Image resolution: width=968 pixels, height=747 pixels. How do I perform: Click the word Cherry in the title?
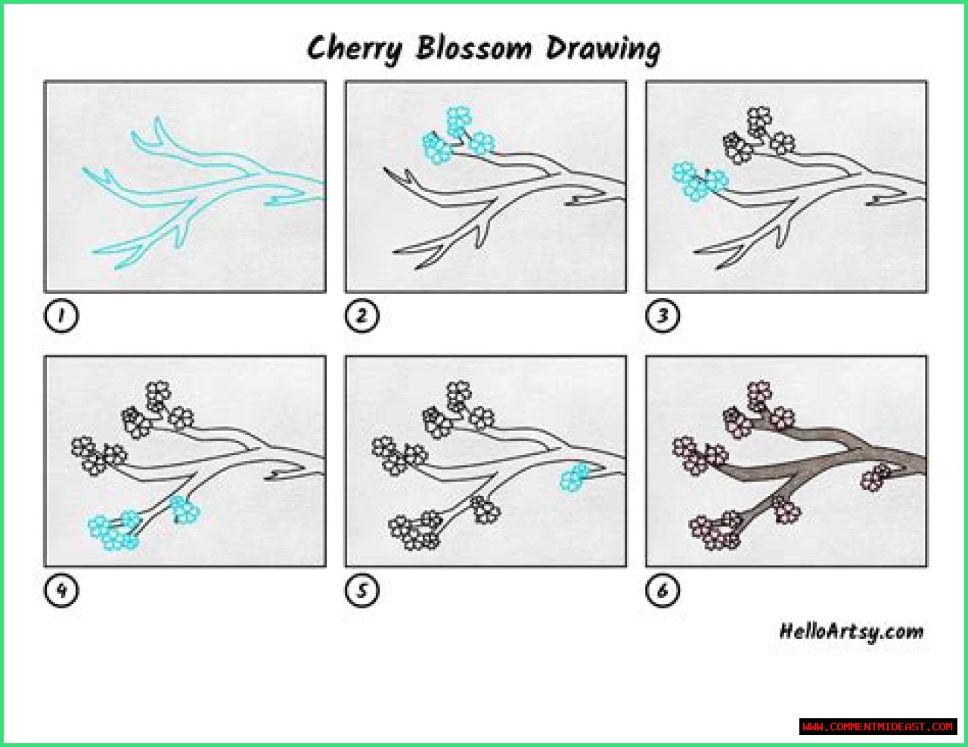pyautogui.click(x=355, y=49)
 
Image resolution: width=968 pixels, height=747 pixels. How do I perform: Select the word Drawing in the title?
pyautogui.click(x=603, y=49)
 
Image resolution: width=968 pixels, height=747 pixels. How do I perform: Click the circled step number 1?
pyautogui.click(x=61, y=315)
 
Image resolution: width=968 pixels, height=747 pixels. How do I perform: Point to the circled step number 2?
pyautogui.click(x=361, y=315)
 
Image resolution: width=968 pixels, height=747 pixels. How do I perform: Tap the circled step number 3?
pyautogui.click(x=662, y=315)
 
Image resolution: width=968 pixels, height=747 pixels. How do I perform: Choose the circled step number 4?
pyautogui.click(x=61, y=590)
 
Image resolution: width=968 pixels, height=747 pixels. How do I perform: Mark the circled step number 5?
pyautogui.click(x=361, y=590)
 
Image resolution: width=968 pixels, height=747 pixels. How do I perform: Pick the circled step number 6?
pyautogui.click(x=662, y=590)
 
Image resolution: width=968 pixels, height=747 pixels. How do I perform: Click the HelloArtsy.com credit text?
pyautogui.click(x=852, y=632)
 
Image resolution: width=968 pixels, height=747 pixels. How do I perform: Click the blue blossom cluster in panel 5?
pyautogui.click(x=575, y=477)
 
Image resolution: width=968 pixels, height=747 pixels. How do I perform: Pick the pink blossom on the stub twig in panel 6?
pyautogui.click(x=876, y=477)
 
